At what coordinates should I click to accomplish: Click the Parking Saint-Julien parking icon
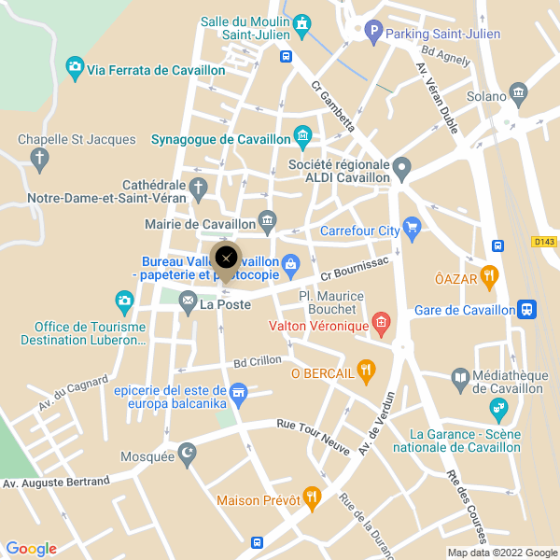coord(373,34)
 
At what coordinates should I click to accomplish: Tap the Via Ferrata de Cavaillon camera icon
coord(75,69)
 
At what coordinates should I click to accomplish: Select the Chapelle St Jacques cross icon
coord(39,161)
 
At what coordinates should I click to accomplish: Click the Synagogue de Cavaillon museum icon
coord(302,139)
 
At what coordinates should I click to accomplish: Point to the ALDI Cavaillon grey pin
coord(402,170)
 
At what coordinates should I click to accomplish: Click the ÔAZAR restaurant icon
coord(490,277)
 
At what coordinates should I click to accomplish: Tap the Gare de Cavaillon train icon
coord(527,310)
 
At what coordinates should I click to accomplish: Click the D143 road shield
coord(544,242)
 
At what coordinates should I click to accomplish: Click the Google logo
coord(31,549)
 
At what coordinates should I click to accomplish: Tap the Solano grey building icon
coord(518,95)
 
